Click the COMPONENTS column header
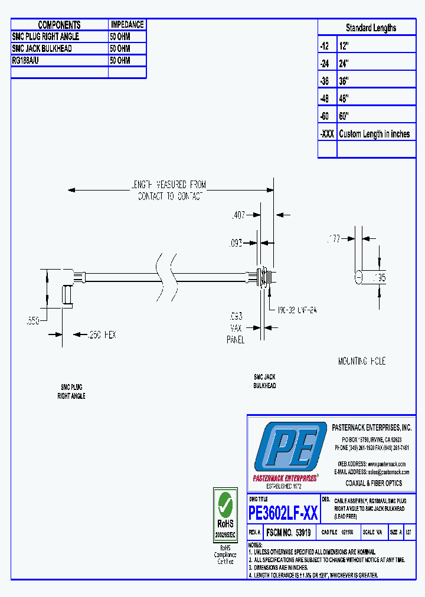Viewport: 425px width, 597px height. (x=59, y=25)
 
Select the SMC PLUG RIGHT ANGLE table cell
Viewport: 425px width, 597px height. (x=45, y=37)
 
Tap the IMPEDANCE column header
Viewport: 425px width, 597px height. (x=127, y=25)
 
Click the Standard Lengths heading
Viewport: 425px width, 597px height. (x=371, y=28)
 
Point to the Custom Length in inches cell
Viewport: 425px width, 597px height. (x=374, y=134)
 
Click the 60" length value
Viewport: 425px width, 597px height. (x=344, y=116)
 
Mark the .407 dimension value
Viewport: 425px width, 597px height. (x=239, y=216)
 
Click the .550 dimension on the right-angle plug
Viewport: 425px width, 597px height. (x=33, y=321)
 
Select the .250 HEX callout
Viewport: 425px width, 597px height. (x=102, y=334)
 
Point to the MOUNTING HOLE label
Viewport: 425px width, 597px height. (x=361, y=361)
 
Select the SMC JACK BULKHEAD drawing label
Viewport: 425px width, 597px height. (x=265, y=381)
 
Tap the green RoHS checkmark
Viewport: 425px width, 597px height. (x=225, y=504)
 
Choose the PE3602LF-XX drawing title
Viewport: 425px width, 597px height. (x=283, y=513)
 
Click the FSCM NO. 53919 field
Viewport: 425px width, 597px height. (x=289, y=532)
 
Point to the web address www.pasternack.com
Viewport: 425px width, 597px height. (x=387, y=464)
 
